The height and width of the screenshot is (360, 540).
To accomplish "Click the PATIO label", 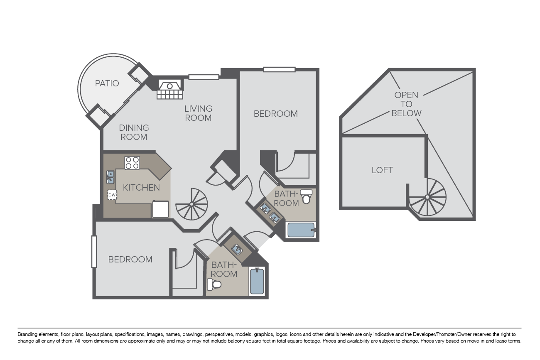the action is pyautogui.click(x=107, y=83).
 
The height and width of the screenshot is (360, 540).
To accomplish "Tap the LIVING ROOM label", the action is pyautogui.click(x=198, y=113).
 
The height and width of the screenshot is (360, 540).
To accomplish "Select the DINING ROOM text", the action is pyautogui.click(x=134, y=132).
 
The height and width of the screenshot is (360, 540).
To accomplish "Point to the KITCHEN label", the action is pyautogui.click(x=141, y=187).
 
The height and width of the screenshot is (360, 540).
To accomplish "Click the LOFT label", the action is pyautogui.click(x=382, y=170).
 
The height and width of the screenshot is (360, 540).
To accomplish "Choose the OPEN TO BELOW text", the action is pyautogui.click(x=406, y=104).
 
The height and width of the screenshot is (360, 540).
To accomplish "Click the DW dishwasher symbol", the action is pyautogui.click(x=112, y=195).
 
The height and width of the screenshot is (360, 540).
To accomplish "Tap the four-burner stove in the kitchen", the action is pyautogui.click(x=132, y=163).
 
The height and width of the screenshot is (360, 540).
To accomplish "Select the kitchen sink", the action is pyautogui.click(x=110, y=177).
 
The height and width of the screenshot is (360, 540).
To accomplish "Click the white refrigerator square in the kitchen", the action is pyautogui.click(x=161, y=209).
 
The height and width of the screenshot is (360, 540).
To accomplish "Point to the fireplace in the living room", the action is pyautogui.click(x=170, y=89).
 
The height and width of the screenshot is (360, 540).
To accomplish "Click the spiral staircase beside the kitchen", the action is pyautogui.click(x=191, y=204).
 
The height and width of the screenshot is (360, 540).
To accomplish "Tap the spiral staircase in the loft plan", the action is pyautogui.click(x=427, y=197).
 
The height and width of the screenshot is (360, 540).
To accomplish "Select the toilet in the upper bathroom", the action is pyautogui.click(x=306, y=196).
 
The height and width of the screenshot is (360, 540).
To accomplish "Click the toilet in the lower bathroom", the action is pyautogui.click(x=214, y=284).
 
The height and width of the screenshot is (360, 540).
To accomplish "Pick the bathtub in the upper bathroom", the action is pyautogui.click(x=301, y=230).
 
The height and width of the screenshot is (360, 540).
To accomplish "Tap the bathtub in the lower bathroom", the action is pyautogui.click(x=257, y=281).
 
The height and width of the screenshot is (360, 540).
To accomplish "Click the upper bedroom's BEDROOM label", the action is pyautogui.click(x=275, y=114).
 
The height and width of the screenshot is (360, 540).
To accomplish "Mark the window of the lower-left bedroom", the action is pyautogui.click(x=94, y=252).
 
